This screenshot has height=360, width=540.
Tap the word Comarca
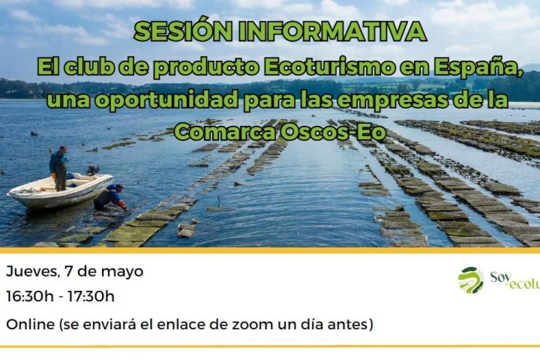point(219,131)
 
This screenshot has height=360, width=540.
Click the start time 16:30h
point(29,296)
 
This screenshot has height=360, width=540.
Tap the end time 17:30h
point(91,296)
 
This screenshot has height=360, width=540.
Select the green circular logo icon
point(471,280)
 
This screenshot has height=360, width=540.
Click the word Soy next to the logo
point(500,277)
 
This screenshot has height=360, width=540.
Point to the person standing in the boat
point(58,167)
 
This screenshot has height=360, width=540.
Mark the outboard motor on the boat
point(92,170)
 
